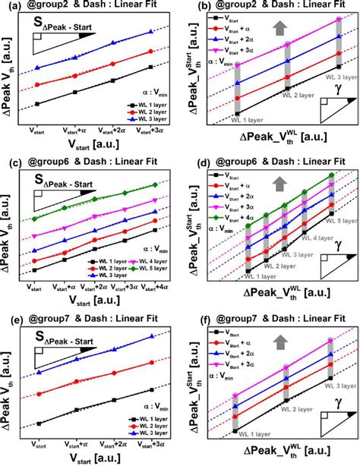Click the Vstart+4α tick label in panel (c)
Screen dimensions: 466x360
click(156, 288)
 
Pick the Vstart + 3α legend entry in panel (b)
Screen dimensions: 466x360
click(231, 58)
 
